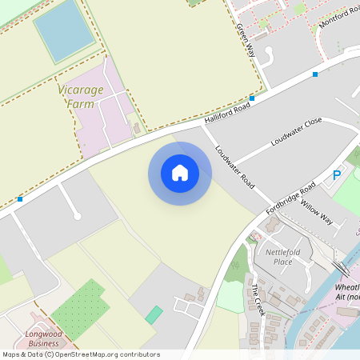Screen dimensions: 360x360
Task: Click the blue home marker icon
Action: coord(180,173)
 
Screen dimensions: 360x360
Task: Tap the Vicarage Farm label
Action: coord(80,97)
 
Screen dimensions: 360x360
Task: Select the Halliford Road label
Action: coord(228,113)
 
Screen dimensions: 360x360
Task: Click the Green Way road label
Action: coord(243,37)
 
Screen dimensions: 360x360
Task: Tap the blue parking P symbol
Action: coord(337,174)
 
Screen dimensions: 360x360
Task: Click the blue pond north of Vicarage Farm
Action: coord(63,30)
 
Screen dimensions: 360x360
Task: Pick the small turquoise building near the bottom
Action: coord(154,315)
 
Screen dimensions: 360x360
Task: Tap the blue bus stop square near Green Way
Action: coord(252,98)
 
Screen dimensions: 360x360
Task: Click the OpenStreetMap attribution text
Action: coord(81,354)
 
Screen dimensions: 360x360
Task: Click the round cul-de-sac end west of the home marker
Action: coord(77,216)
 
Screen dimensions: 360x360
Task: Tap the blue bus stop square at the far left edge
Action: coord(19,198)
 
